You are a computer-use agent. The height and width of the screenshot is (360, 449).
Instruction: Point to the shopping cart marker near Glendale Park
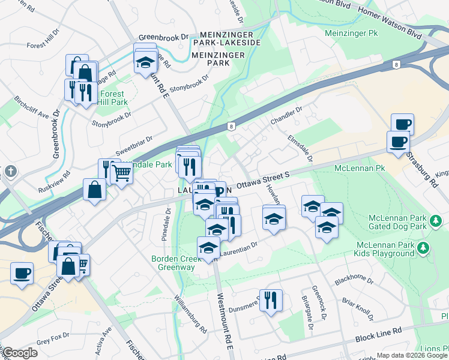pos(122,174)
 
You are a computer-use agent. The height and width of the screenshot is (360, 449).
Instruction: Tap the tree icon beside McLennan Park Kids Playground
pos(423,247)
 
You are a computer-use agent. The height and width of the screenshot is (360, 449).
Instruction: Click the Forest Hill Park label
pos(113,98)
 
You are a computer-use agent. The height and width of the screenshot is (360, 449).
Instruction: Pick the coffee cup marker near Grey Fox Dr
pos(22,273)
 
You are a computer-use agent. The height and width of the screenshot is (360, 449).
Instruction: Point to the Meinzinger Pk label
pos(353,32)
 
